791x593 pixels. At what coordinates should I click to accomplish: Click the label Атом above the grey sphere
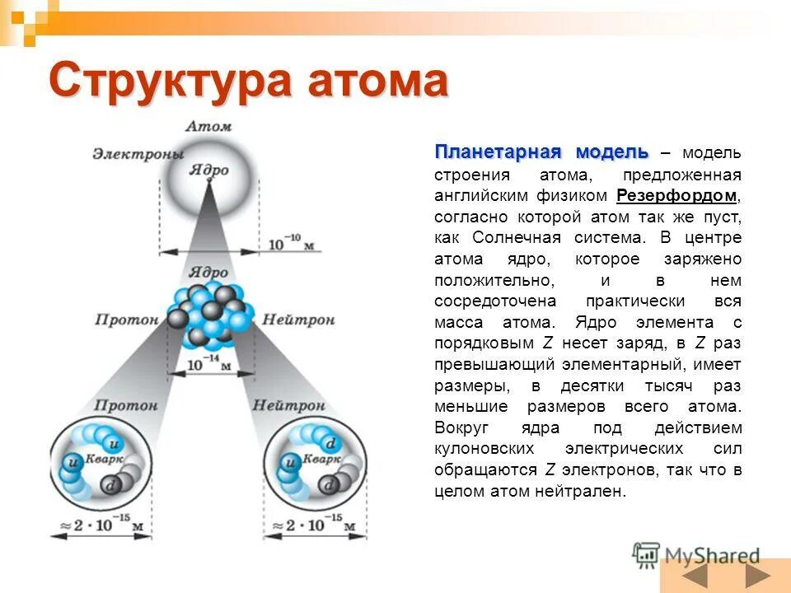pyautogui.click(x=208, y=126)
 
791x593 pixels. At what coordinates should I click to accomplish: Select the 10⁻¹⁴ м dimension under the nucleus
pyautogui.click(x=208, y=362)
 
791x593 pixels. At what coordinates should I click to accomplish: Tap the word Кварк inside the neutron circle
pyautogui.click(x=319, y=458)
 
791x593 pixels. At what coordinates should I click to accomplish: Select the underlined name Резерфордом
pyautogui.click(x=676, y=196)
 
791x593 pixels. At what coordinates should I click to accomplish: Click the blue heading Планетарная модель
pyautogui.click(x=541, y=152)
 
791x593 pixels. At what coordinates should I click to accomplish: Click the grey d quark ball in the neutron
pyautogui.click(x=329, y=486)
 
